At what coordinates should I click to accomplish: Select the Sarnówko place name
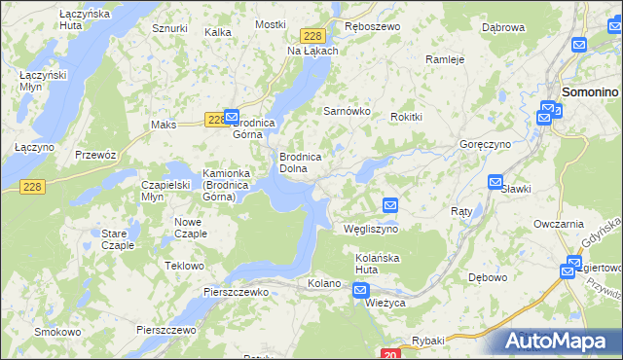347,111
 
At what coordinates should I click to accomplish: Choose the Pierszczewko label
236,291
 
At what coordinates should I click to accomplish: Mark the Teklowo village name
184,266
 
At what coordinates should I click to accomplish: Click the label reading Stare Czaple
118,239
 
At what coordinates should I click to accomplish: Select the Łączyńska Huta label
40,19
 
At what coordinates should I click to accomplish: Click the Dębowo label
488,276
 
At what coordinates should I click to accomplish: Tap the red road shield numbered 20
388,354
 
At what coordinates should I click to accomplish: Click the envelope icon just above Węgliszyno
390,205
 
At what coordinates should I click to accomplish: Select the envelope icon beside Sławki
495,182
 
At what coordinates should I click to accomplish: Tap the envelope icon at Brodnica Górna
232,115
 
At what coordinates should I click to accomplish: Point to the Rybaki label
427,339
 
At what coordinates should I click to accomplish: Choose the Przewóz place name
95,155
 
